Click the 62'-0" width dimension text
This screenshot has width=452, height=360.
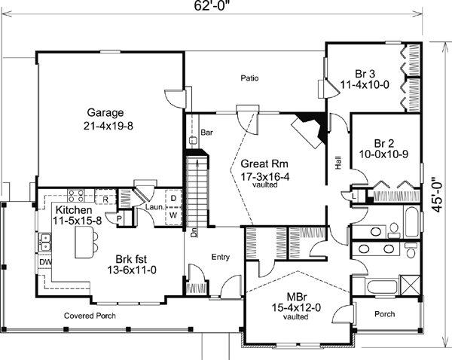coord(213,6)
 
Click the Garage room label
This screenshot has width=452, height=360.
coord(105,112)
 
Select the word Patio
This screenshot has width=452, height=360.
coord(249,78)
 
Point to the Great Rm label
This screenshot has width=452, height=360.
coord(264,163)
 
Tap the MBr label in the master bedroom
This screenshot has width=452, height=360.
coord(297,297)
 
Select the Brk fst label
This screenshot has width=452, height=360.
coord(131,259)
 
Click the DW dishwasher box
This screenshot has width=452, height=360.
coord(44,262)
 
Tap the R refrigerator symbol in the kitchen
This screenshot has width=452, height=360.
coord(105,199)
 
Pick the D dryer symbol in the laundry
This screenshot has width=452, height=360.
coord(173,198)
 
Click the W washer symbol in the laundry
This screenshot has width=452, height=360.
coord(173,215)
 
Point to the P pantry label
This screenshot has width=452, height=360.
coord(120,219)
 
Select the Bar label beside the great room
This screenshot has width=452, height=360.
coord(206,133)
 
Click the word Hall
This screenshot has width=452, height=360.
coord(338,163)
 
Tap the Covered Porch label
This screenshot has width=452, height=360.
coord(90,316)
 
